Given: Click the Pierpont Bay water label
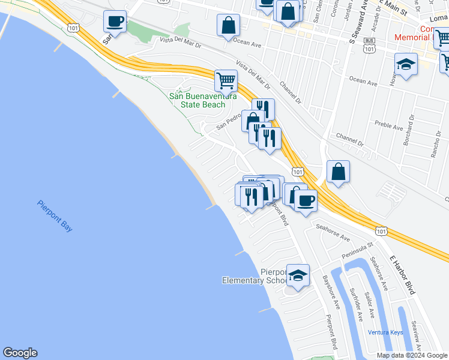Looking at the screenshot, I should click(54, 216).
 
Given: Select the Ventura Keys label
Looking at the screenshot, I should click(385, 332).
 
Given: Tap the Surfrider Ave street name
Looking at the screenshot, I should click(357, 304).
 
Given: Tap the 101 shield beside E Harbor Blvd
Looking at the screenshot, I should click(381, 230).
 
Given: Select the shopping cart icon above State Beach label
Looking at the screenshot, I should click(226, 80).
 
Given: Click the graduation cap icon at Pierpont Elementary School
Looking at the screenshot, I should click(298, 275).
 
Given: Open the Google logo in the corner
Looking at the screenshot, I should click(20, 353).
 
